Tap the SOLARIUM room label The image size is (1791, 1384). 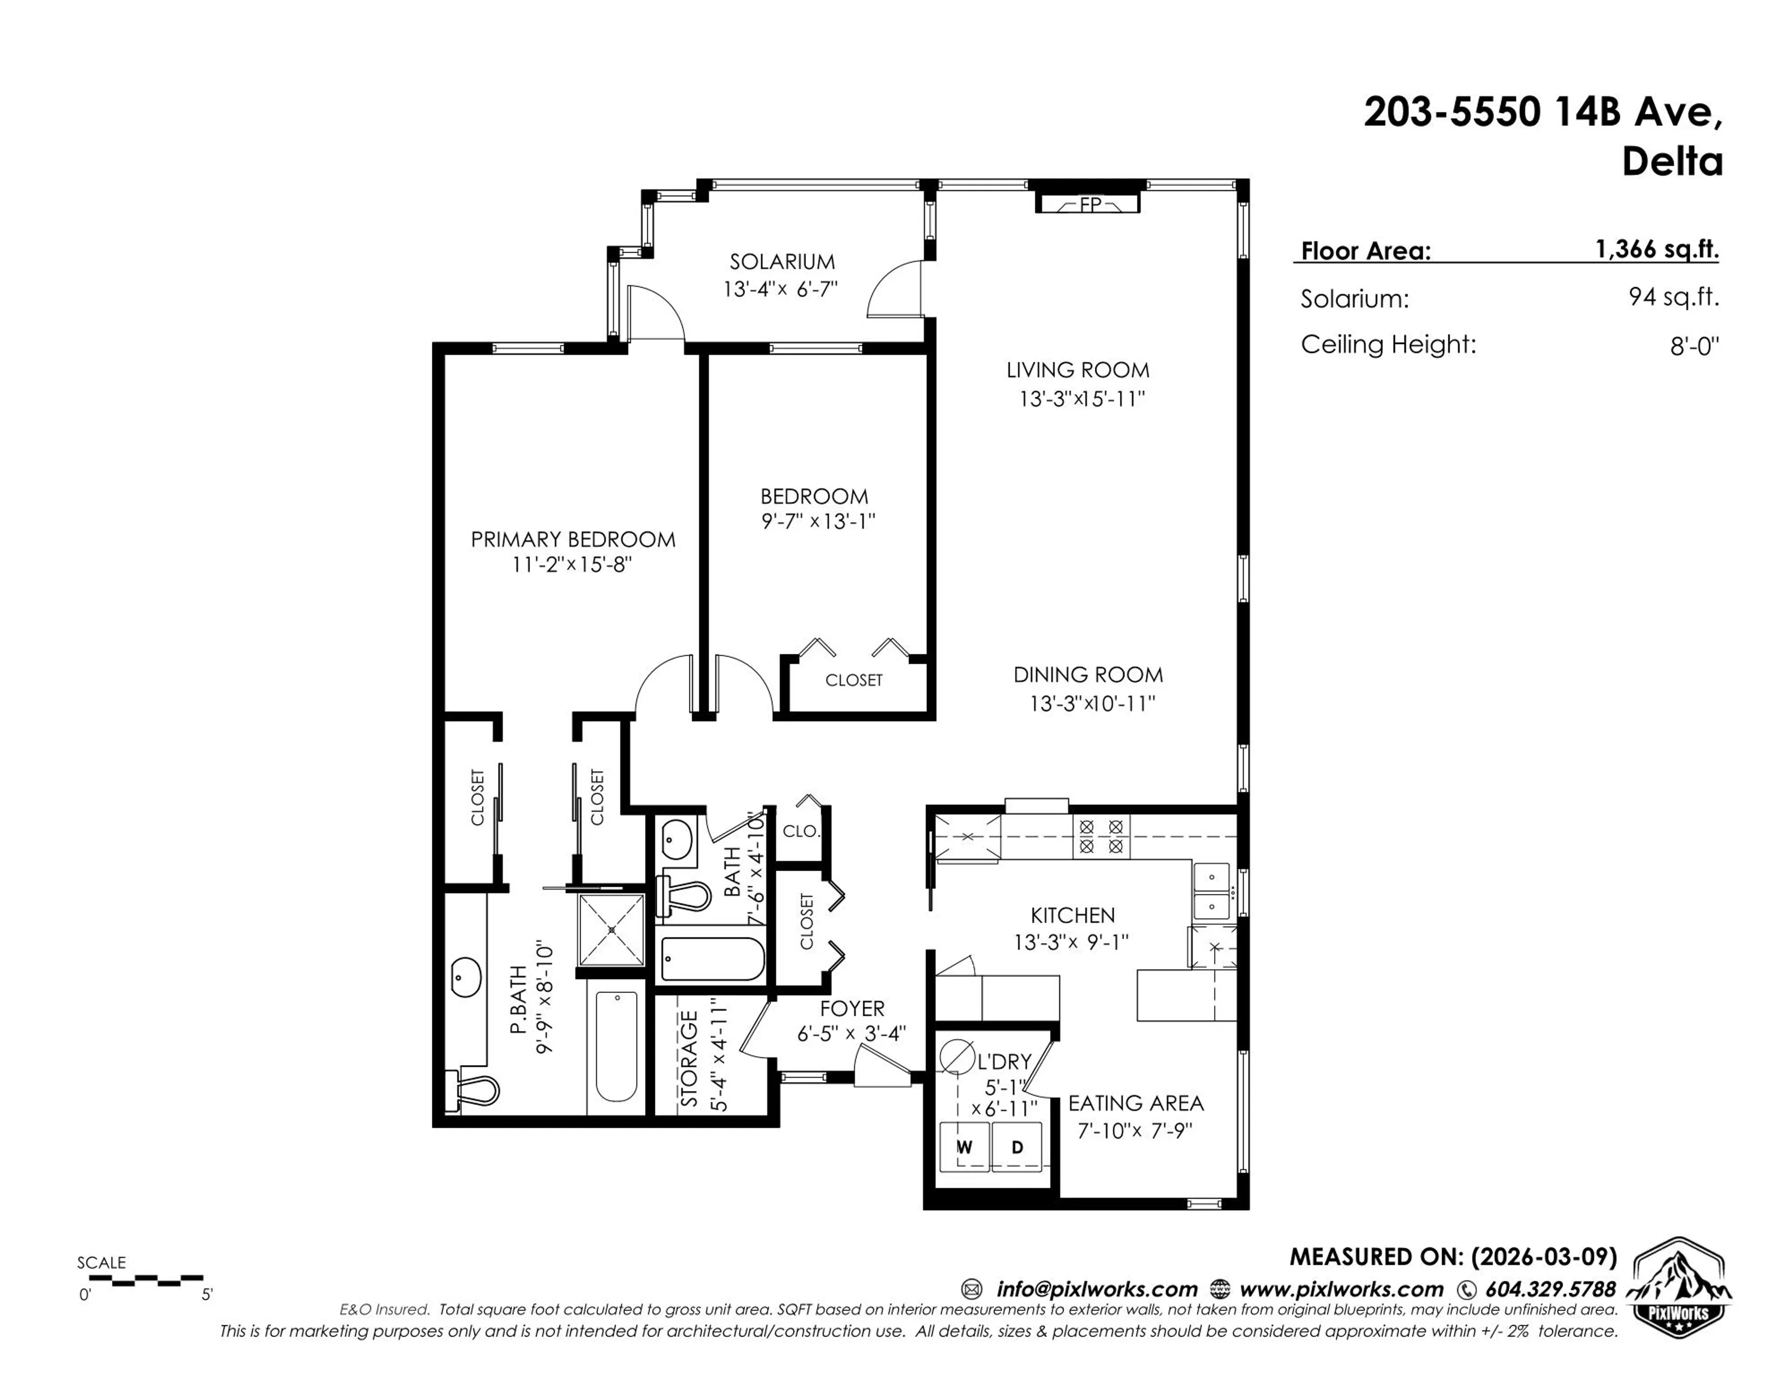[782, 262]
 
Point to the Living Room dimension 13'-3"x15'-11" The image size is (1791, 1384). [1081, 399]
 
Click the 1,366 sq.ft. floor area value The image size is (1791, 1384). [1657, 249]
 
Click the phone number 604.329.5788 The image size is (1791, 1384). [1550, 1290]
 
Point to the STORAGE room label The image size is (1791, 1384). [690, 1059]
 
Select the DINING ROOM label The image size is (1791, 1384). [1087, 675]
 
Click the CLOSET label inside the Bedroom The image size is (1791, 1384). [854, 680]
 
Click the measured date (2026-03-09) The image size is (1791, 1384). [1543, 1257]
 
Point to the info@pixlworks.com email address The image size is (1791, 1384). [1097, 1290]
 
